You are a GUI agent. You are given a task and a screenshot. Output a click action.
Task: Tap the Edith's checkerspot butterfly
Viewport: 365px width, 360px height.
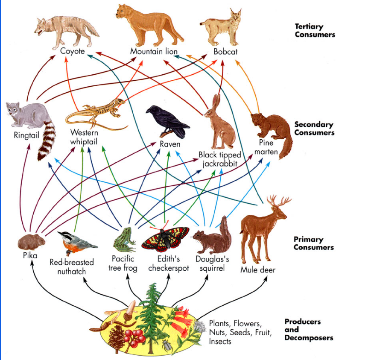click(x=165, y=239)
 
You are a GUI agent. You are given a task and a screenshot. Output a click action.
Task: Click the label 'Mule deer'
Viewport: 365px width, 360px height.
click(x=258, y=269)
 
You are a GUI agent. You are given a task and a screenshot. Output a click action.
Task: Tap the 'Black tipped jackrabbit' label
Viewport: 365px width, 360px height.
click(x=220, y=159)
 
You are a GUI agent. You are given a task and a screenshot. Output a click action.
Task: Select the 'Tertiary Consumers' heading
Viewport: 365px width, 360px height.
click(x=315, y=30)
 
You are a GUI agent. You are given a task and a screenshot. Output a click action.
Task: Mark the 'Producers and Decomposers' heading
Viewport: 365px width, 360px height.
click(x=309, y=330)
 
